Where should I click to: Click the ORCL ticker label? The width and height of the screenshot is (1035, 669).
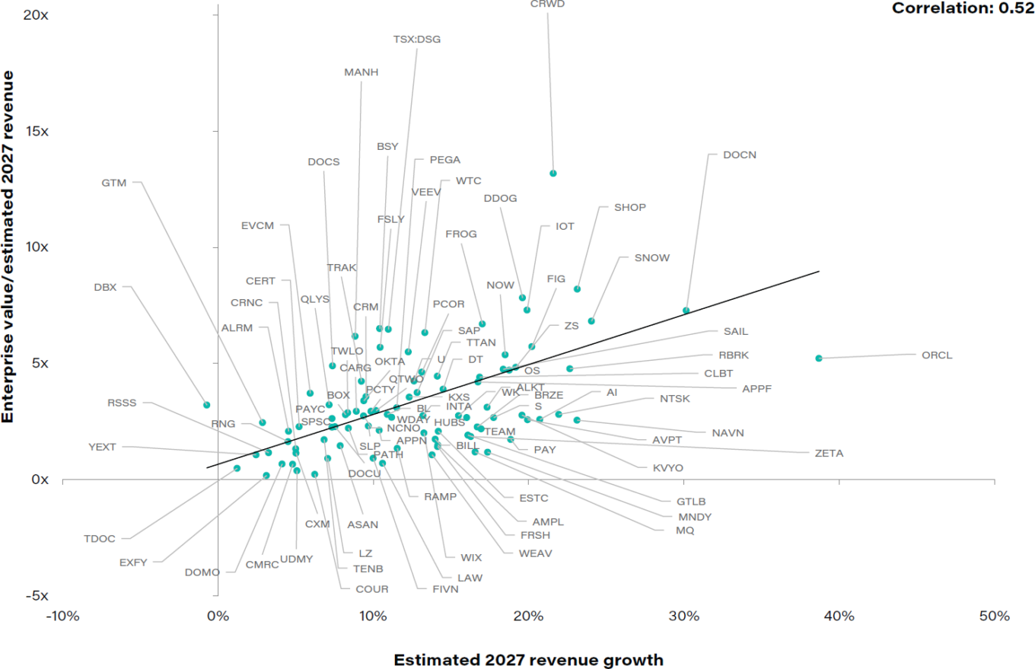point(937,355)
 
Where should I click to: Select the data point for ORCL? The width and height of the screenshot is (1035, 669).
point(819,358)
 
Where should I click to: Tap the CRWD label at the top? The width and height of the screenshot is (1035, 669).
point(547,4)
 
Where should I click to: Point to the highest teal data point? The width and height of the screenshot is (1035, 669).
point(553,174)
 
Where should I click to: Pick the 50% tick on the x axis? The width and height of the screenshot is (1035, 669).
point(994,616)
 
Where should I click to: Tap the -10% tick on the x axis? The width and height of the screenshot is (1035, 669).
point(62,616)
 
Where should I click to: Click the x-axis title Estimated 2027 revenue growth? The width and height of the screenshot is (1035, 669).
point(528,659)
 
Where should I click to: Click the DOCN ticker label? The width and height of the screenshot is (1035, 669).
point(740,155)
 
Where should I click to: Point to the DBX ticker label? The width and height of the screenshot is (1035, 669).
point(105,287)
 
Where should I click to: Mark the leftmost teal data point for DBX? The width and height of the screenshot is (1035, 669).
point(206,405)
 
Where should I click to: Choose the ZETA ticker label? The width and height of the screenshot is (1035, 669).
point(829,453)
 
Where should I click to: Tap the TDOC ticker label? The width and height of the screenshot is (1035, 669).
point(100,539)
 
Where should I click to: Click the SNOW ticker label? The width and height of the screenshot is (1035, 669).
point(652,258)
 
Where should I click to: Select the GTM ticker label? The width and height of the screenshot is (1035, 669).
point(113,183)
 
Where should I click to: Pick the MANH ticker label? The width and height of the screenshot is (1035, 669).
point(361,73)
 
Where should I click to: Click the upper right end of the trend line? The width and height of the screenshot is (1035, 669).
point(819,271)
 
